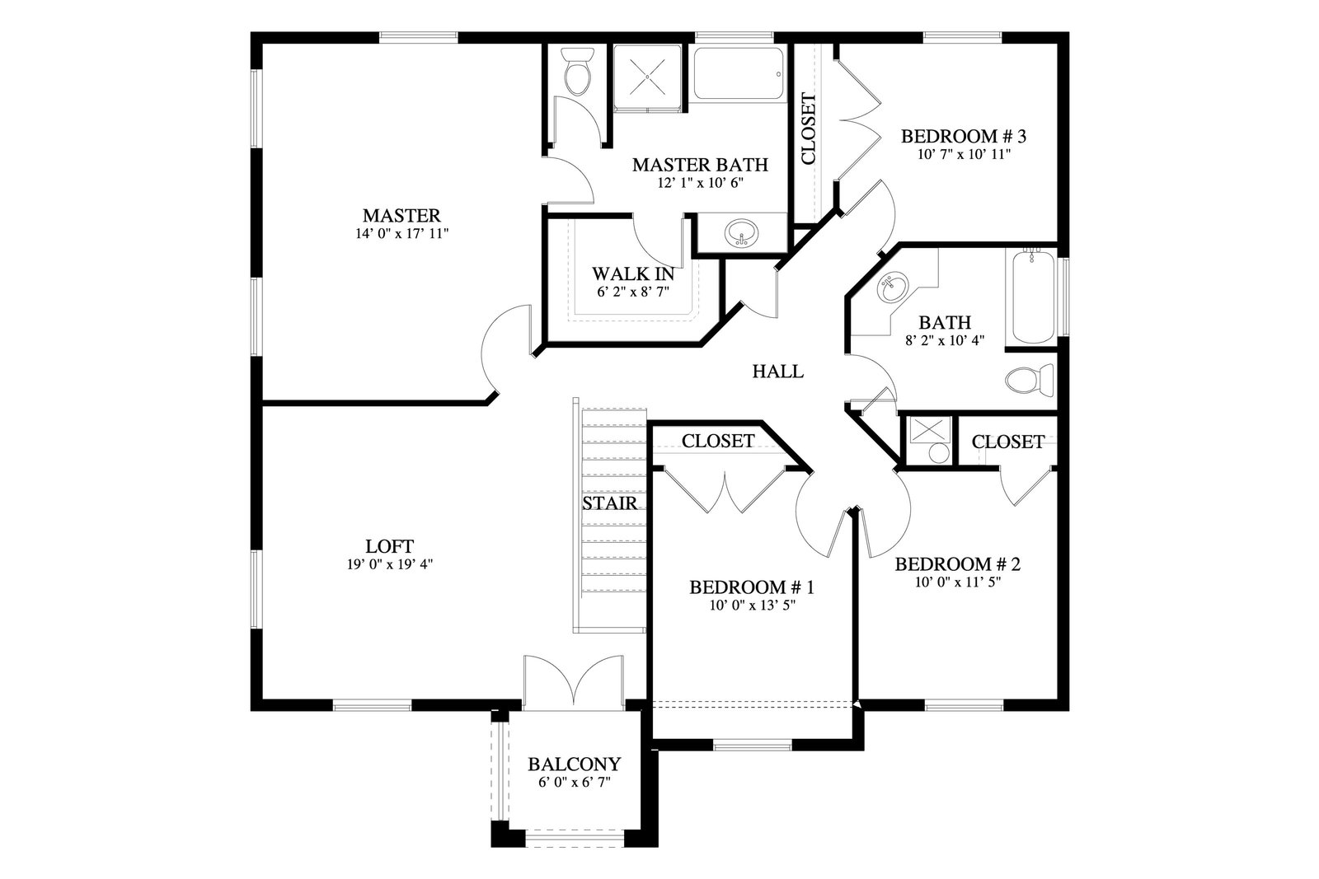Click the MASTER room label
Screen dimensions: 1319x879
pos(401,215)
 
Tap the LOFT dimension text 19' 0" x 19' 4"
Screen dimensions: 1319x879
pos(390,564)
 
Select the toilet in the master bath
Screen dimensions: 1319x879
pos(577,71)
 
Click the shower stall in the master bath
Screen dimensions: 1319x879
pos(647,77)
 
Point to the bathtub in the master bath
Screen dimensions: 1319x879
pos(739,73)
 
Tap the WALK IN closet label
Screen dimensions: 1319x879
pos(633,274)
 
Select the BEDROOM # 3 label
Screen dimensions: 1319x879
pos(964,137)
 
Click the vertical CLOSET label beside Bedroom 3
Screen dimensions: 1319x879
pos(809,129)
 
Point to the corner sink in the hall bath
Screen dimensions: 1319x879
pos(894,288)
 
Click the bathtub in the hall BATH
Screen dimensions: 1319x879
pos(1034,296)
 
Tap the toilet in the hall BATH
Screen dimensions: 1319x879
pos(1030,380)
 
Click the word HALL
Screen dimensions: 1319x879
pos(778,372)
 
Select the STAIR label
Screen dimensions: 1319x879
pos(610,503)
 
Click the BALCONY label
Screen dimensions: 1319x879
pos(574,764)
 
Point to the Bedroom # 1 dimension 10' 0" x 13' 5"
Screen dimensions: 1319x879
pos(753,605)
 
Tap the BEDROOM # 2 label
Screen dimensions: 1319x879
pos(958,564)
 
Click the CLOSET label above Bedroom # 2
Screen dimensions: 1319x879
pos(1008,442)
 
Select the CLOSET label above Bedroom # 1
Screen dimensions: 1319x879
pos(718,441)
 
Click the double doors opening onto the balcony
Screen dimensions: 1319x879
pos(573,680)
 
